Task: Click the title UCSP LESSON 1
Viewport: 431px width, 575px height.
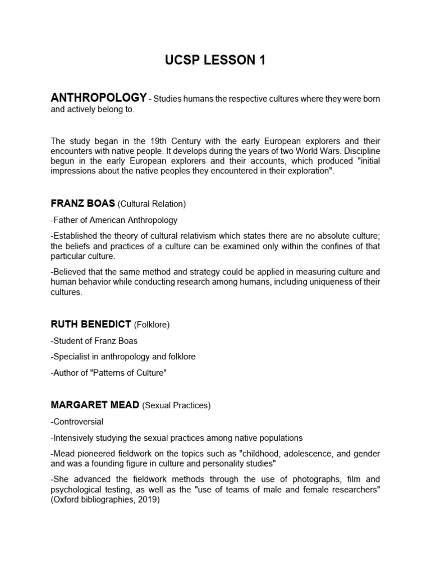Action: tap(215, 61)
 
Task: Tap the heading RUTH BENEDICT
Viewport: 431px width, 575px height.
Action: tap(91, 325)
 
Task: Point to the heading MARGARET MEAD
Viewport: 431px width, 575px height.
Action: tap(95, 405)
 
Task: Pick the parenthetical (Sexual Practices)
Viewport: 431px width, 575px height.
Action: tap(176, 405)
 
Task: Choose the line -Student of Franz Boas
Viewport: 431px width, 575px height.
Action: tap(94, 341)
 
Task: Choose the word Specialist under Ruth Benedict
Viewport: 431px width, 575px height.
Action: tap(71, 357)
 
